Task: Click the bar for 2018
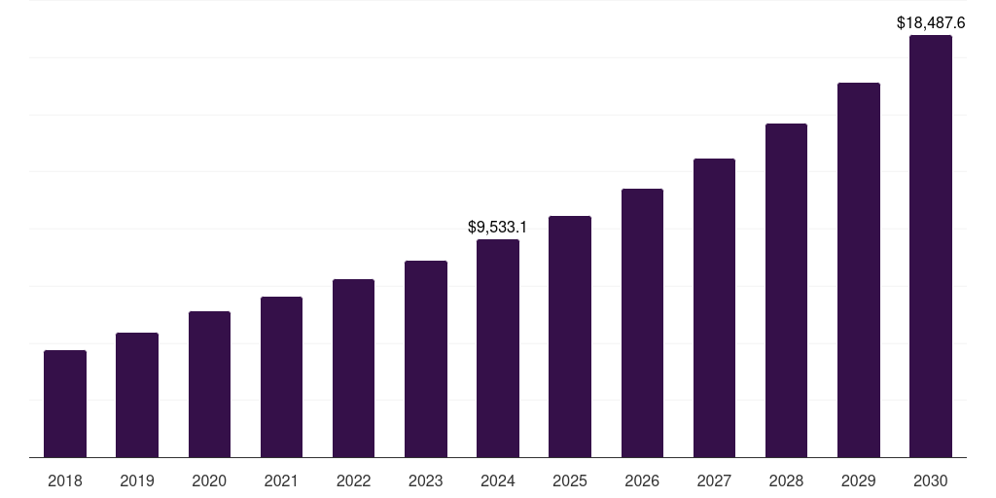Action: click(65, 404)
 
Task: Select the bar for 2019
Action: click(137, 395)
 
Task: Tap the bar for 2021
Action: click(281, 377)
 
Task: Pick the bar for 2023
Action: click(426, 359)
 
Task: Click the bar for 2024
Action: click(498, 348)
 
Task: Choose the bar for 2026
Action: click(642, 323)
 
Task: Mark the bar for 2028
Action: click(786, 291)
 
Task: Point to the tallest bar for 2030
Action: click(931, 246)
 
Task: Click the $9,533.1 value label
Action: click(498, 228)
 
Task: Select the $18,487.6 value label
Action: click(931, 22)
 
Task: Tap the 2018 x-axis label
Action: click(65, 480)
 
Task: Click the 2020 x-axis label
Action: click(209, 480)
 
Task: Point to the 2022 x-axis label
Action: click(353, 480)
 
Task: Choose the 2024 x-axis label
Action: click(498, 480)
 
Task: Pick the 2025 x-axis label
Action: click(570, 480)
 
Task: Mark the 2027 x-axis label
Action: click(714, 480)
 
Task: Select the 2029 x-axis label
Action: click(859, 480)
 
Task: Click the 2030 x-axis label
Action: click(931, 480)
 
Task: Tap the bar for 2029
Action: click(859, 270)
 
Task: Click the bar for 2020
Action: click(209, 384)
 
